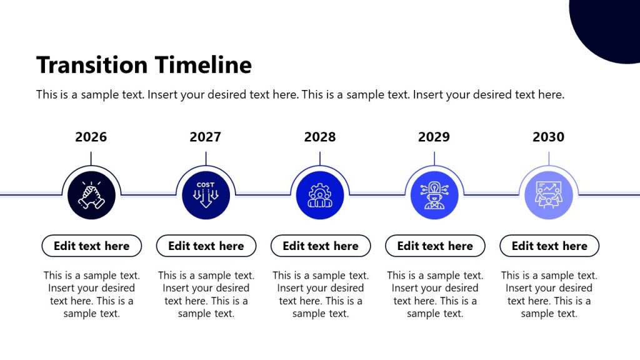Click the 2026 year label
point(91,137)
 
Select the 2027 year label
point(206,137)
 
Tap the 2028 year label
point(320,137)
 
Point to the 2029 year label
point(434,137)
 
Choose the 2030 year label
point(548,137)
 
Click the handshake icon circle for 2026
point(91,196)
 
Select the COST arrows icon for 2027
point(206,196)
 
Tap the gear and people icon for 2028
point(320,196)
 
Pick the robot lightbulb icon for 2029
point(434,196)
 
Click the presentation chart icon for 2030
point(549,196)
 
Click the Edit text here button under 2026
point(91,246)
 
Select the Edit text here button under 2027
point(206,246)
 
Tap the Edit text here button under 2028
point(320,246)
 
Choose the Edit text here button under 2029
point(434,246)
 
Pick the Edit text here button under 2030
point(549,246)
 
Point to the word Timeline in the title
point(203,65)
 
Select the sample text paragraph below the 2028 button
point(320,294)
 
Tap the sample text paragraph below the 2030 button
point(549,294)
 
